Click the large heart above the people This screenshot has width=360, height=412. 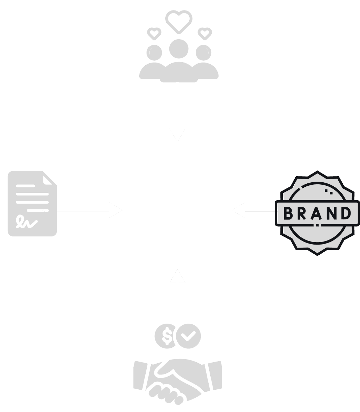pos(179,21)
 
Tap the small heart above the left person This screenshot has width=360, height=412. pos(154,33)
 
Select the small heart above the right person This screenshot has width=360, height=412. pos(204,33)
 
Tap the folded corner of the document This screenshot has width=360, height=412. pos(49,179)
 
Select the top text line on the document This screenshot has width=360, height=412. pos(26,186)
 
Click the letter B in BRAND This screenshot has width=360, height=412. pos(288,213)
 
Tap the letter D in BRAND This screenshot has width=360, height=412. pos(345,213)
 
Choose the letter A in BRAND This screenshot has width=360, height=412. pos(316,213)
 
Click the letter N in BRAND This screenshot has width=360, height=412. pos(331,213)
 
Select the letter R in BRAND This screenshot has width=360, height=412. pos(301,213)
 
